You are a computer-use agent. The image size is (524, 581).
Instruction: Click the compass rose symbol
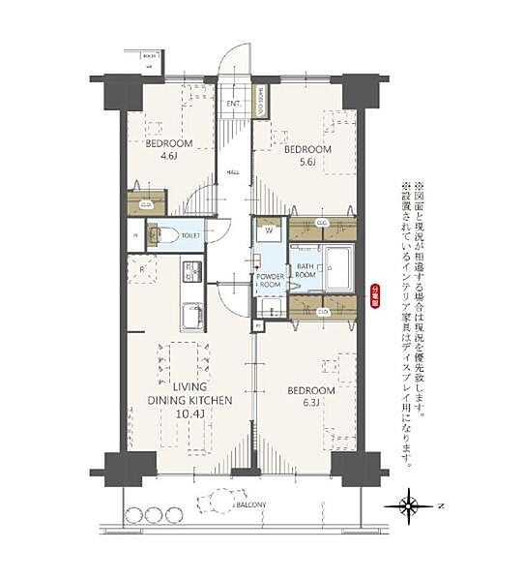pos(409,505)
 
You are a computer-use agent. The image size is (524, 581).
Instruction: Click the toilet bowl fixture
pos(164,234)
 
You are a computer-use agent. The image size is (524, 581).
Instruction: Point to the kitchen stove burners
pos(191,272)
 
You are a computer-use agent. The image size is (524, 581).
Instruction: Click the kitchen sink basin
pos(191,316)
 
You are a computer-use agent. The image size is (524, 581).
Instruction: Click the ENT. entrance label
pos(234,104)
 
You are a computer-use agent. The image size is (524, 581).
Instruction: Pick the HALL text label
pos(233,172)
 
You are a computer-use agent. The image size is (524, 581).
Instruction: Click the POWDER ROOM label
pos(270,282)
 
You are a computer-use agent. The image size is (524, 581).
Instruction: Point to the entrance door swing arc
pos(233,64)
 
